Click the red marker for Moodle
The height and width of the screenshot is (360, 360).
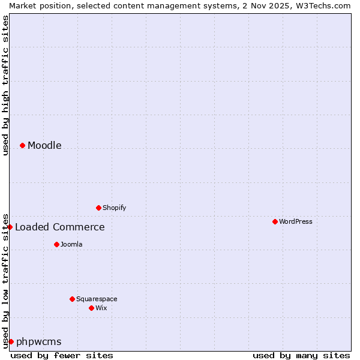coord(22,145)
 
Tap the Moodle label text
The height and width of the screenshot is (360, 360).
coord(44,145)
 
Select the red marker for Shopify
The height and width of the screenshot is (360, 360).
coord(98,208)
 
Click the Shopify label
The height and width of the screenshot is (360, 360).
coord(114,208)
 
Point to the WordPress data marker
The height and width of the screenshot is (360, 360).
coord(275,221)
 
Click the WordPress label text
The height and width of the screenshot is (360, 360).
coord(295,221)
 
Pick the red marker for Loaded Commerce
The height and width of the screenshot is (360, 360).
coord(10,227)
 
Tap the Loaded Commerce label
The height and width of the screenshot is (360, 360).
coord(59,227)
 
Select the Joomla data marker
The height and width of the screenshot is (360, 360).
coord(56,244)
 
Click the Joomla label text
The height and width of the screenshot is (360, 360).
coord(71,244)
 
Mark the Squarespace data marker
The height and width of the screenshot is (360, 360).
coord(72,299)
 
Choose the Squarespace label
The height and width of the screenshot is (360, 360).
coord(97,299)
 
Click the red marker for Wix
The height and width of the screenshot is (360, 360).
coord(91,308)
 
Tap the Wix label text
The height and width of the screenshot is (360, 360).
coord(101,308)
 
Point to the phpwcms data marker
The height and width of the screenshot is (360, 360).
coord(11,341)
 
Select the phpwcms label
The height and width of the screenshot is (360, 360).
coord(38,341)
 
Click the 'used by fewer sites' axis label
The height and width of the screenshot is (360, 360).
coord(62,355)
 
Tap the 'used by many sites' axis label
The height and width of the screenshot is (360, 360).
coord(301,355)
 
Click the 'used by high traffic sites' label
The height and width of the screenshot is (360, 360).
coord(5,85)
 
